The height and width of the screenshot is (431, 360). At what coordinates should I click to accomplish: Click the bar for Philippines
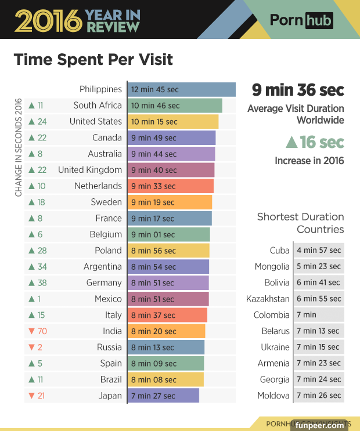pos(181,89)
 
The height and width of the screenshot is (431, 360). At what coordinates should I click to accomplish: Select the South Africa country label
pos(98,106)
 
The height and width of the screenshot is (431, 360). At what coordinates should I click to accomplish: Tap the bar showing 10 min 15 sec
pos(172,122)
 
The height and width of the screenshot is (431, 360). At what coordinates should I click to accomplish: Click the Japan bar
pos(163,396)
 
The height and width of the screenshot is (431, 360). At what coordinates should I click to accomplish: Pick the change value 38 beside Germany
pos(42,283)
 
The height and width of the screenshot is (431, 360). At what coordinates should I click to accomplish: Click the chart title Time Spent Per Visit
pos(93,60)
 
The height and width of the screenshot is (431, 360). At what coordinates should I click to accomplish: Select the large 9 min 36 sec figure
pos(298,90)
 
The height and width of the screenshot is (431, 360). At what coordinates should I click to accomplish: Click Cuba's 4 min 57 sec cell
pos(319,251)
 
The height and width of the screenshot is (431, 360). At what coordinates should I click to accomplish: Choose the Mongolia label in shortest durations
pos(272,267)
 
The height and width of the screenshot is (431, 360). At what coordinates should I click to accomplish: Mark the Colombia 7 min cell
pos(319,315)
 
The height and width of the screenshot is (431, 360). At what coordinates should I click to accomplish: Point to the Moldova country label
pos(273,396)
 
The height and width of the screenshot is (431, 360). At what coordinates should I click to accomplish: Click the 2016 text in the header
pos(48,21)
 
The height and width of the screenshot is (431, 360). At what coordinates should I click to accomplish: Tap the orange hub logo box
pos(319,21)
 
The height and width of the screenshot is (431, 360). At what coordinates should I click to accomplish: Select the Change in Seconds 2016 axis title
pos(18,148)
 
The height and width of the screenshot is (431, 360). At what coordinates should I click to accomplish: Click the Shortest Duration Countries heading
pos(300,223)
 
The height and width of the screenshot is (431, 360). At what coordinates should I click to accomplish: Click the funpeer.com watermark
pos(319,425)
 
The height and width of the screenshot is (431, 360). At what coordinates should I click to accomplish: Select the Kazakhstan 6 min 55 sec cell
pos(319,299)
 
